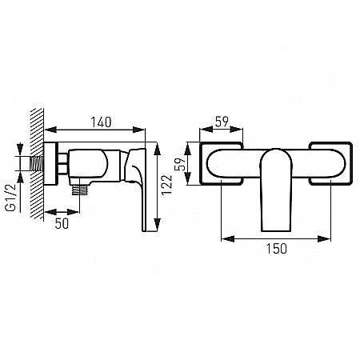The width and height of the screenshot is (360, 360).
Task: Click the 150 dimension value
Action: tap(275, 250)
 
